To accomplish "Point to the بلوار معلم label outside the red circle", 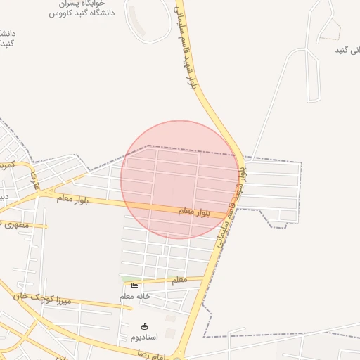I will (72, 200).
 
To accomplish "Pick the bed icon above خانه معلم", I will (134, 286).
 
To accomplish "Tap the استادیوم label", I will (144, 337).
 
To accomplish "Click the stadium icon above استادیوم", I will (145, 326).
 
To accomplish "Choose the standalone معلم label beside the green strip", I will (180, 280).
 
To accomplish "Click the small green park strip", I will (131, 279).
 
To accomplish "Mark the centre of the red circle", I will (179, 179).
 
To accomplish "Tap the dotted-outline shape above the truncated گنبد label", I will (328, 32).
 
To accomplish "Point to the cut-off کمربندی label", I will (6, 165).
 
